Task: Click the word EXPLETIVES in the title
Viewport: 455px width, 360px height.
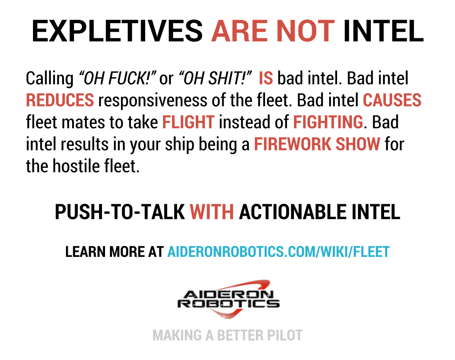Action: click(x=117, y=31)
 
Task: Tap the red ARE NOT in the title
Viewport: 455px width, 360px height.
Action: click(x=273, y=31)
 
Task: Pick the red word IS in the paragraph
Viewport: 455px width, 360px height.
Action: click(x=266, y=78)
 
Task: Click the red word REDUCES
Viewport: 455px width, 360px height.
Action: click(x=60, y=100)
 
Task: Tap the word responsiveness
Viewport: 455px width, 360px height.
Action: click(x=153, y=101)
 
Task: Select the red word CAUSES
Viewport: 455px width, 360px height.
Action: click(x=392, y=100)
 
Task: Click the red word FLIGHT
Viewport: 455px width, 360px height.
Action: click(x=188, y=122)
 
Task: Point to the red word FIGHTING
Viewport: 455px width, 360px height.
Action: click(x=328, y=122)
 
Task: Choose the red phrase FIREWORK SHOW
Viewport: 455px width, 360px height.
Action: click(x=317, y=144)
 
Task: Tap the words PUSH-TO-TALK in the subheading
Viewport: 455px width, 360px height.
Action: click(x=120, y=212)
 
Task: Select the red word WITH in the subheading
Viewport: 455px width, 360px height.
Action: click(x=212, y=212)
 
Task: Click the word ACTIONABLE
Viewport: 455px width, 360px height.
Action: click(x=293, y=212)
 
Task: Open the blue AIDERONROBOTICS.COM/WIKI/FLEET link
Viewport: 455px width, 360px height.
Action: click(x=278, y=252)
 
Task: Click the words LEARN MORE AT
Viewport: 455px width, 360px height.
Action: click(x=115, y=252)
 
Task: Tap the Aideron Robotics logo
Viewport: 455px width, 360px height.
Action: click(x=228, y=299)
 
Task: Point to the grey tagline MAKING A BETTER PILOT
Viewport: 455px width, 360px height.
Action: click(x=227, y=335)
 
